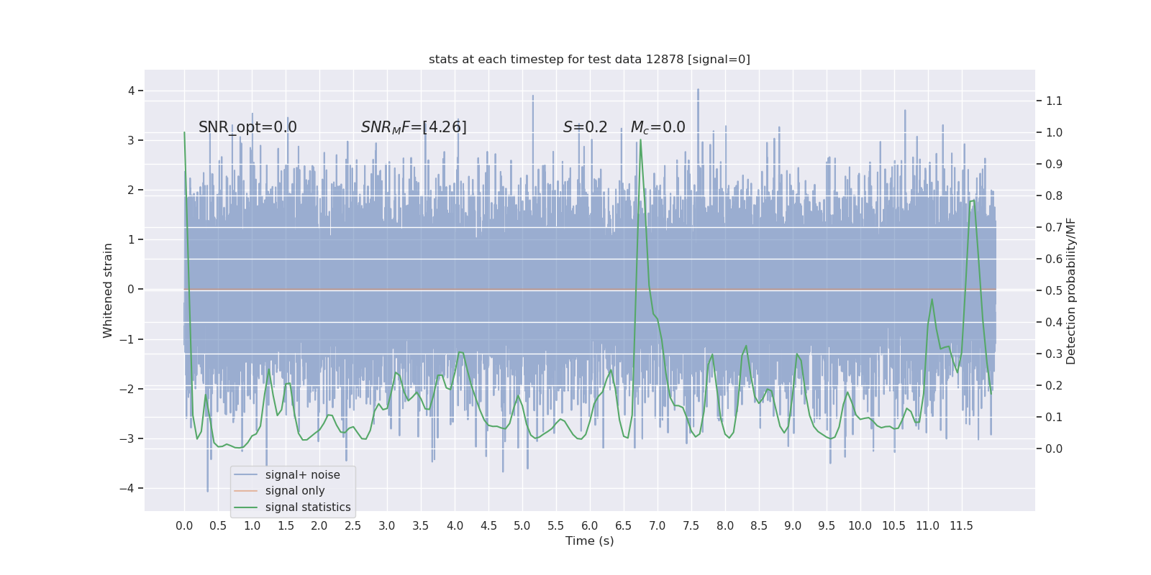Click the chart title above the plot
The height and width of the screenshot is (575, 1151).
pyautogui.click(x=589, y=60)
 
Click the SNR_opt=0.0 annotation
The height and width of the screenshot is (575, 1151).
pyautogui.click(x=247, y=127)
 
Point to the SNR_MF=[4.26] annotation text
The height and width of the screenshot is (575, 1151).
pyautogui.click(x=414, y=127)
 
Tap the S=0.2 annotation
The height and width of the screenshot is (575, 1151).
pyautogui.click(x=585, y=127)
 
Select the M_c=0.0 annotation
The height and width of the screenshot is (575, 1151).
pyautogui.click(x=658, y=127)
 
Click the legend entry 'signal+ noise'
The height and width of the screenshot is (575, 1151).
pyautogui.click(x=302, y=475)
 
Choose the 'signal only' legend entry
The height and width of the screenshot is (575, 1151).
pyautogui.click(x=295, y=491)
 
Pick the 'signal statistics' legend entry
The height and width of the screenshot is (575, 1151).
pyautogui.click(x=308, y=507)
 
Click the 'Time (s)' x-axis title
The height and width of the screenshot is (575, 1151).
pyautogui.click(x=589, y=541)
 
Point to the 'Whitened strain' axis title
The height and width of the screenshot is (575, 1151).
pyautogui.click(x=108, y=290)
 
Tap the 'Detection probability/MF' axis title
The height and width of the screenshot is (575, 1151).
pyautogui.click(x=1071, y=290)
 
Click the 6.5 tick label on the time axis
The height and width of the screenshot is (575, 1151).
pyautogui.click(x=624, y=526)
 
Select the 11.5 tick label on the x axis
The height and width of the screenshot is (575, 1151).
pyautogui.click(x=961, y=526)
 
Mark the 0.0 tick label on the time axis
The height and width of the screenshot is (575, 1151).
pyautogui.click(x=184, y=526)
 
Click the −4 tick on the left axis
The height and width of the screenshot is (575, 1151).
pyautogui.click(x=129, y=489)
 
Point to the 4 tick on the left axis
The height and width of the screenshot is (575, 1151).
pyautogui.click(x=132, y=91)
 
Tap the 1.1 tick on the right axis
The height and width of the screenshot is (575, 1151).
pyautogui.click(x=1054, y=101)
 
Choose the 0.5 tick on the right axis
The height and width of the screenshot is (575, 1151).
pyautogui.click(x=1054, y=291)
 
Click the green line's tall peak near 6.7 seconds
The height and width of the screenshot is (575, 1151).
pyautogui.click(x=640, y=141)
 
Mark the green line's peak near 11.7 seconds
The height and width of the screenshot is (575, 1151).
pyautogui.click(x=973, y=201)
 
